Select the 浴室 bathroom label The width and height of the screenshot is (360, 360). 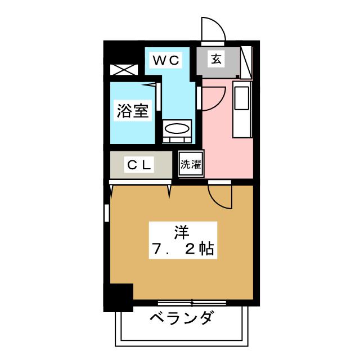[133, 111]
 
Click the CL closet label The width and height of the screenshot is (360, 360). [139, 165]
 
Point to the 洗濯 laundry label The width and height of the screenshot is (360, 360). [191, 165]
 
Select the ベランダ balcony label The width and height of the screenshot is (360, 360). [181, 319]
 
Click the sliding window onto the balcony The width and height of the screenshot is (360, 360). [192, 303]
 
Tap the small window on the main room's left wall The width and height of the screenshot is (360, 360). [106, 214]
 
